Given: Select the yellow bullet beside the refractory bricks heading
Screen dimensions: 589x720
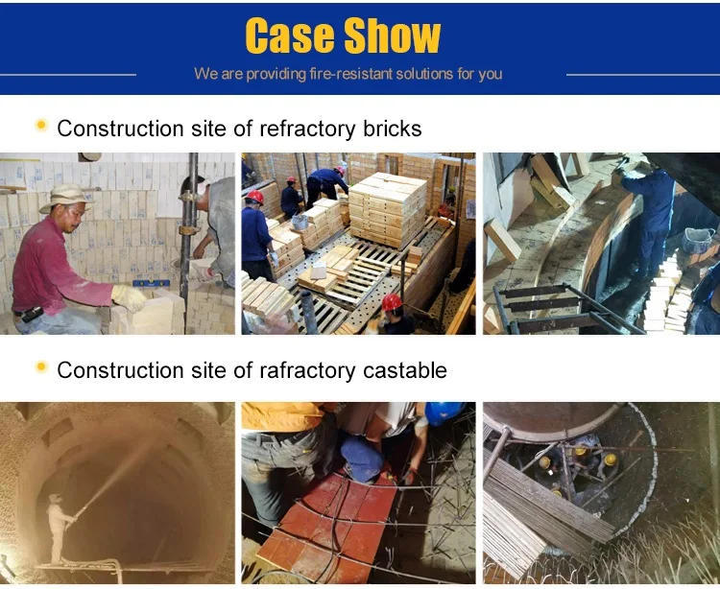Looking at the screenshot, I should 41,126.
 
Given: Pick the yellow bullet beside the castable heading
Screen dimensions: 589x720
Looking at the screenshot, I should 41,367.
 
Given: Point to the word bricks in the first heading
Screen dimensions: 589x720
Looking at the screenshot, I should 388,129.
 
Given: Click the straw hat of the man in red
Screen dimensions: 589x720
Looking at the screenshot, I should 66,196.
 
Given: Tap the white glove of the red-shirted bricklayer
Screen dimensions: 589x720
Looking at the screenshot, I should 128,296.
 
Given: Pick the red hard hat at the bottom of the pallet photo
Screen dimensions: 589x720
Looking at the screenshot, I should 392,304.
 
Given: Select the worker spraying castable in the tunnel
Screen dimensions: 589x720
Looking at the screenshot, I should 60,528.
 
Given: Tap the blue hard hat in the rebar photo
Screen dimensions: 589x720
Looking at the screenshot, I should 444,412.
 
